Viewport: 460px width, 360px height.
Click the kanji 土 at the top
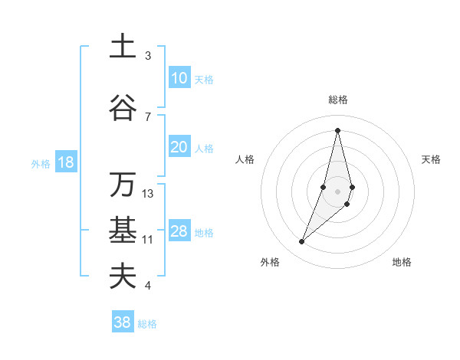123,46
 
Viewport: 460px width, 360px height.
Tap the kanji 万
123,185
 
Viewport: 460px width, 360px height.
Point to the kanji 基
123,229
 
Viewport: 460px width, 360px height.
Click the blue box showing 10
179,78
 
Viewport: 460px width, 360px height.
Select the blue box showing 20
179,147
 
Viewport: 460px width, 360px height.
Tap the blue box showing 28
179,231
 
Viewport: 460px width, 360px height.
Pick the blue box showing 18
65,162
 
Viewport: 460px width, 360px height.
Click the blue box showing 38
123,322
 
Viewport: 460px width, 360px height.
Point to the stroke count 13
148,194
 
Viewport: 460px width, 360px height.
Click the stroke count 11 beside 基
148,240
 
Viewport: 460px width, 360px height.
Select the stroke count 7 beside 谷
148,116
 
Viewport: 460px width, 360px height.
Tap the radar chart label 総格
337,100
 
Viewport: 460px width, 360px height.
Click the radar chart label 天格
431,159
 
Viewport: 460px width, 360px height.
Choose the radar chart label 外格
269,262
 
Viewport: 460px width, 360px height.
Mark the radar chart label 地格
402,262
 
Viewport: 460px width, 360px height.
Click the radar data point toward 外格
301,242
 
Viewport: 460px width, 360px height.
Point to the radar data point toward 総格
337,130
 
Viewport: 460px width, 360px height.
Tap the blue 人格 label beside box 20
204,149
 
